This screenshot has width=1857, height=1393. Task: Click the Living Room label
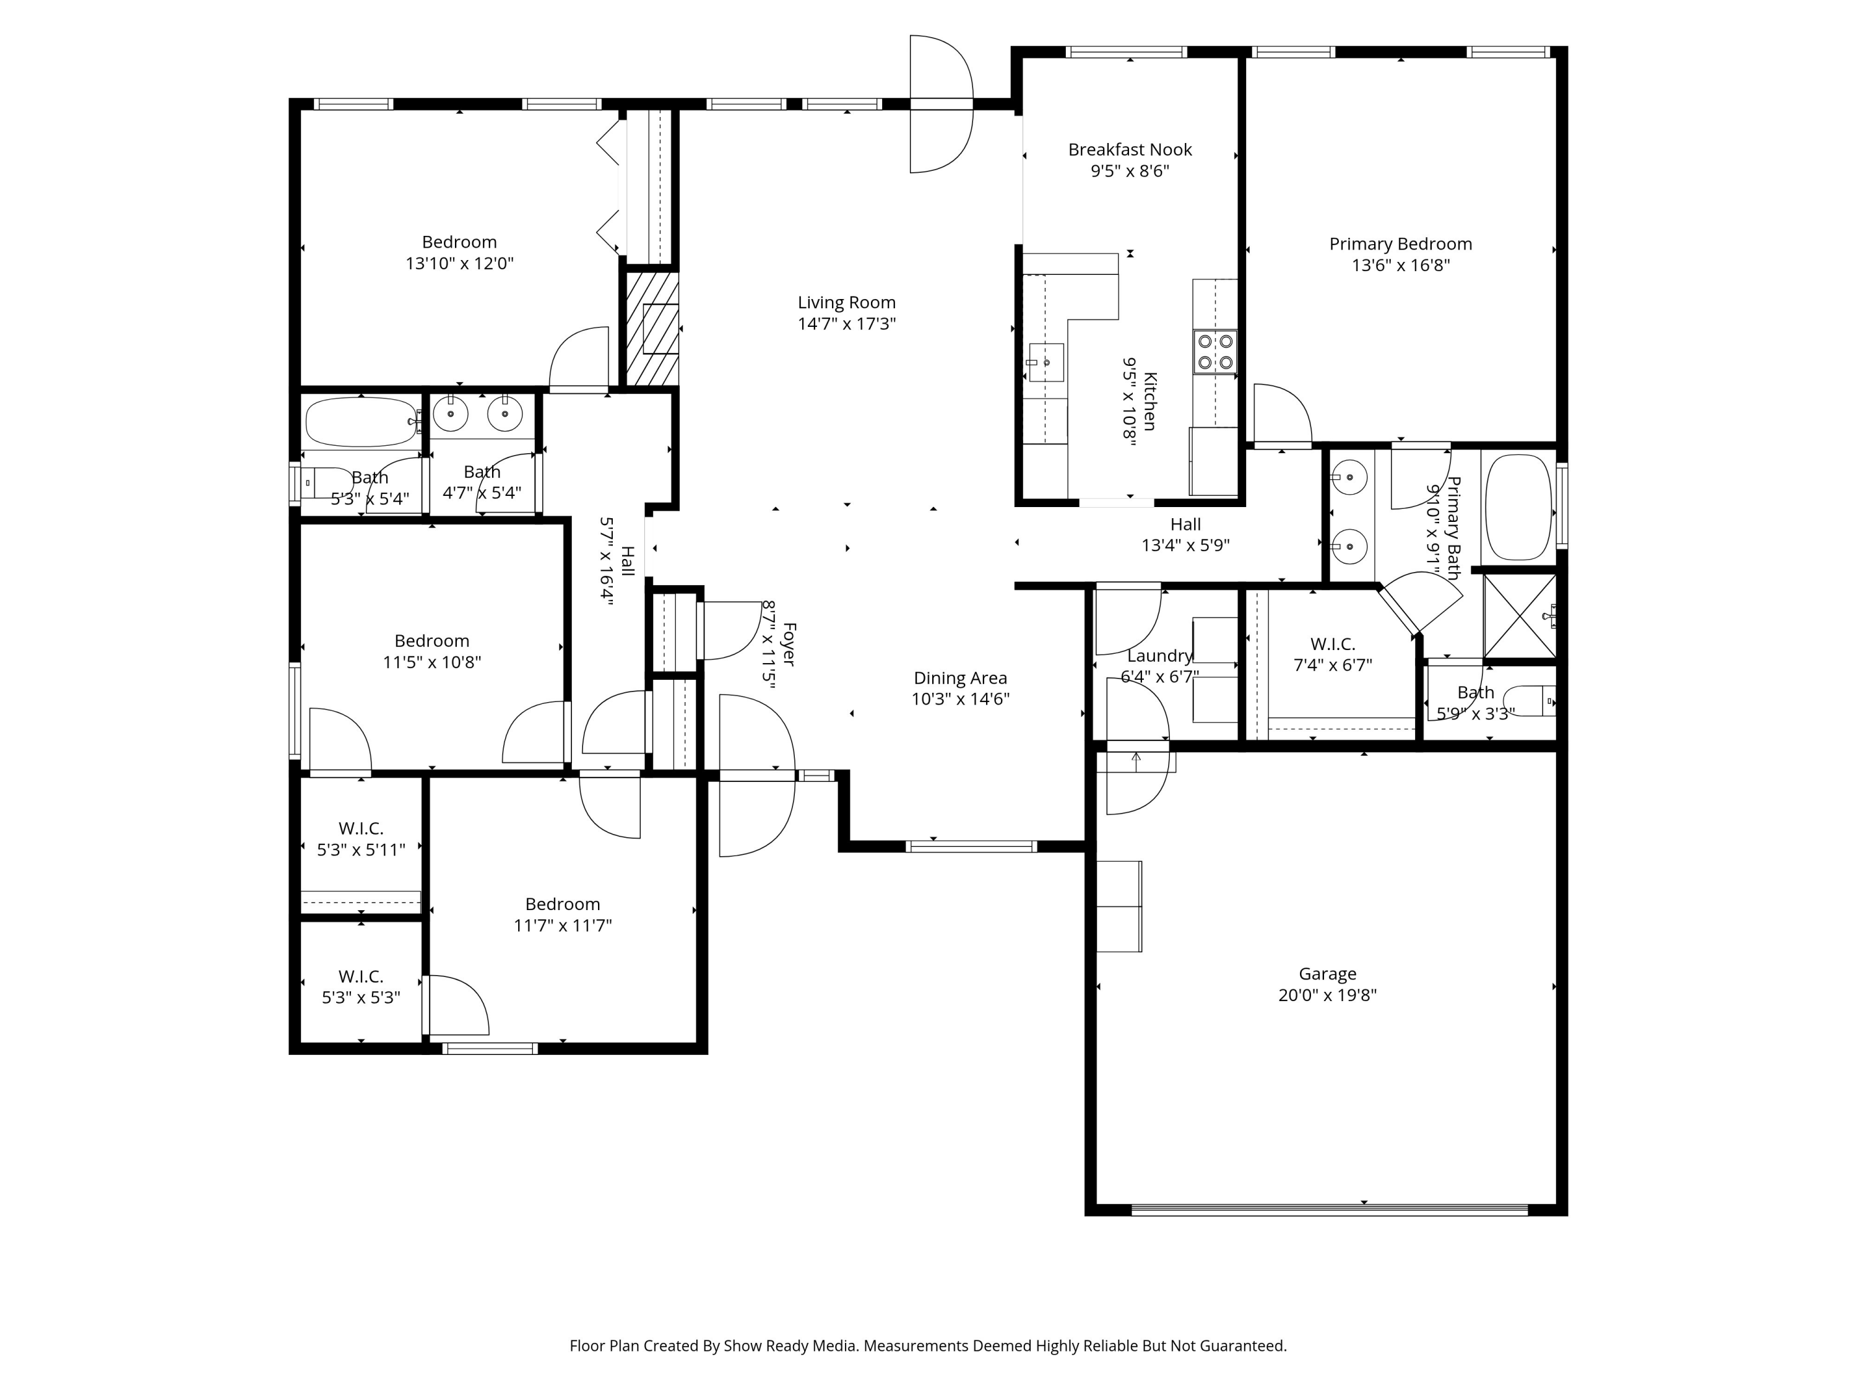[x=846, y=302]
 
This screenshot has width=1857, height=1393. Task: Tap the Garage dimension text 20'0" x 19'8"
[x=1327, y=996]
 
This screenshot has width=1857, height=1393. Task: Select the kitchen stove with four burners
[x=1214, y=352]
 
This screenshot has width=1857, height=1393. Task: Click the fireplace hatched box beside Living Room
[x=653, y=328]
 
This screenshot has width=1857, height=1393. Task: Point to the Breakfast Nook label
[x=1130, y=149]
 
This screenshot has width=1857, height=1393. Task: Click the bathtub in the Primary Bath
[x=1518, y=507]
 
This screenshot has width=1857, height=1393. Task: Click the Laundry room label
[x=1159, y=656]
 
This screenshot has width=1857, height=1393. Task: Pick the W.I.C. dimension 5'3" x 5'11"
[x=361, y=850]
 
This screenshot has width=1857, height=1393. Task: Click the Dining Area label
[x=961, y=677]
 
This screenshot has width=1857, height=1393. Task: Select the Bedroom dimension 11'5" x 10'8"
[x=431, y=662]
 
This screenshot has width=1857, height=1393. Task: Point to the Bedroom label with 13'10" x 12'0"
[x=459, y=242]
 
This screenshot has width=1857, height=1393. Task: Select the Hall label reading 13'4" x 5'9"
[x=1185, y=524]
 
